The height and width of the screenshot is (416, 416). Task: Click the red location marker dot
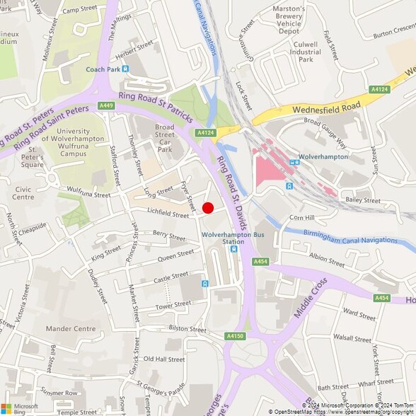[x=208, y=207]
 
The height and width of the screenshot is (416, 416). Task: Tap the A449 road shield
[x=106, y=105]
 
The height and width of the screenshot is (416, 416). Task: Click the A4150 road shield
[x=236, y=335]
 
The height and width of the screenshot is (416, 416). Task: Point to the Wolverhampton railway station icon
[x=289, y=185]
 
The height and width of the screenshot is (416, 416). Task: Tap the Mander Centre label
[x=70, y=329]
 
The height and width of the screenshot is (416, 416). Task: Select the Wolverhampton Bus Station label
[x=223, y=237]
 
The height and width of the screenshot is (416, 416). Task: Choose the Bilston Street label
[x=187, y=329]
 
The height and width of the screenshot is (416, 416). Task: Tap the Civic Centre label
[x=23, y=193]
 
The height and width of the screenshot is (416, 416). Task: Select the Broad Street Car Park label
[x=164, y=138]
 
